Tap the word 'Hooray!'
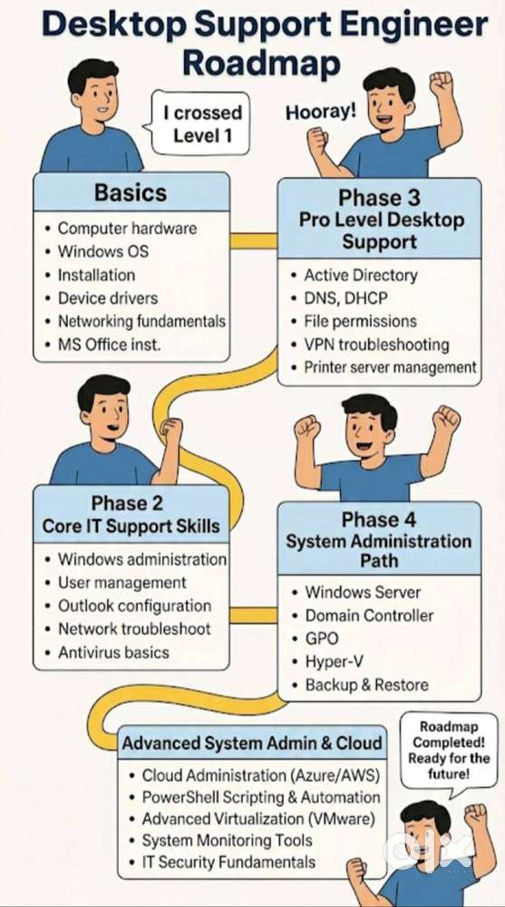[x=321, y=112]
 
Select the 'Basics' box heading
[x=131, y=192]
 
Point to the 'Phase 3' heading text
[x=379, y=198]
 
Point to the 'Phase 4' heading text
[x=379, y=520]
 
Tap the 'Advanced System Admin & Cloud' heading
[x=252, y=743]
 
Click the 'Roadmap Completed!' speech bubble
[x=449, y=751]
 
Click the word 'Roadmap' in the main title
[x=261, y=64]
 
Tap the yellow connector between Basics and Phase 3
[x=254, y=241]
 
